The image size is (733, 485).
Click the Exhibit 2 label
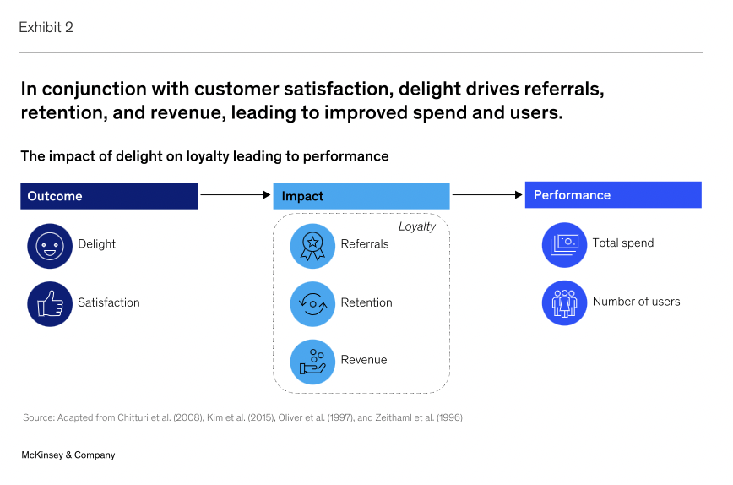coord(46,27)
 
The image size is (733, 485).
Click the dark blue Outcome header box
coord(109,196)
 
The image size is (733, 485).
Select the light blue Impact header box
coord(361,196)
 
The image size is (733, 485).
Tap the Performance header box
coord(612,195)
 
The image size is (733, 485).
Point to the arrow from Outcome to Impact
coord(235,195)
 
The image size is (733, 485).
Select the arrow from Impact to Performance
coord(487,195)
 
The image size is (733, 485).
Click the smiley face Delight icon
coord(50,245)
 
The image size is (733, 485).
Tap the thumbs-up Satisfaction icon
coord(50,303)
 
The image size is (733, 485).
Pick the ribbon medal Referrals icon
coord(312,245)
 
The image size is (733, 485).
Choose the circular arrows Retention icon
coord(312,303)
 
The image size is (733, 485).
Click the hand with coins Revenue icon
coord(312,361)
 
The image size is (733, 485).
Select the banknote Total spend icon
coord(564,244)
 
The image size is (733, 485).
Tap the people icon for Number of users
coord(564,302)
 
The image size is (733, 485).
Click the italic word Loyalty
coord(417,226)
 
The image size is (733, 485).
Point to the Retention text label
coord(366,302)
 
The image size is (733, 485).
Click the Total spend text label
coord(623,243)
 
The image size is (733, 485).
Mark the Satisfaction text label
coord(109,302)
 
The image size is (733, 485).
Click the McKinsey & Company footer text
coord(68,455)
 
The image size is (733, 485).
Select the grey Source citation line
coord(242,417)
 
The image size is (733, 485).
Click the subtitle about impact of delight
coord(204,156)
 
